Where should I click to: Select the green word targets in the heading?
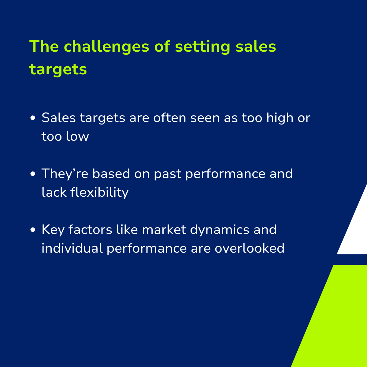58,69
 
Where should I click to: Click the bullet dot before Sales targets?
33,118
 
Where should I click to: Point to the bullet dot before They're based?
33,174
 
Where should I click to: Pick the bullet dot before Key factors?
33,230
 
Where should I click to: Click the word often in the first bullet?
169,118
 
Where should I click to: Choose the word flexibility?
100,193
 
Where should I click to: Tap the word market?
164,229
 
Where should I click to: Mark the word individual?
72,248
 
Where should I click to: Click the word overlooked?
250,248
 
